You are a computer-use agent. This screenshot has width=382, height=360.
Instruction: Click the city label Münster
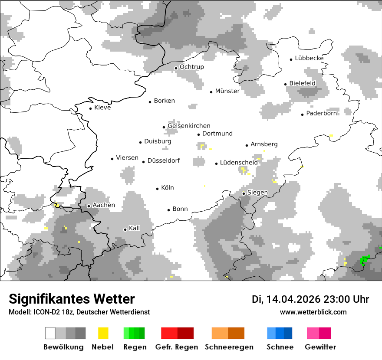coord(227,91)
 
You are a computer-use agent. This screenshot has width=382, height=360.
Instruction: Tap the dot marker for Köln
coord(158,188)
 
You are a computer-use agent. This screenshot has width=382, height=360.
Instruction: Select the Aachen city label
coord(104,205)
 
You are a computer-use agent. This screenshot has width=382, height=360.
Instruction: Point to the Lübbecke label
coord(309,58)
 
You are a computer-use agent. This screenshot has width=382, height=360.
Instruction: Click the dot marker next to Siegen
coord(244,193)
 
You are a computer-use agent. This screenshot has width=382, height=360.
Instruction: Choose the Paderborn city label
coord(321,113)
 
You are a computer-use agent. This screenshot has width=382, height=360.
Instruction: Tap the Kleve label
coord(102,108)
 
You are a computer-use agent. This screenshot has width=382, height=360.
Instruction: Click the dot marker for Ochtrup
coord(176,68)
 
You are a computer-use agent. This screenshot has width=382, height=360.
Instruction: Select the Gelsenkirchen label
coord(189,126)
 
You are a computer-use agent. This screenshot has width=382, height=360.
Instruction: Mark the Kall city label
coord(135,228)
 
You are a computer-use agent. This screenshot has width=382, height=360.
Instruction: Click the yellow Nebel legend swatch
coord(103,333)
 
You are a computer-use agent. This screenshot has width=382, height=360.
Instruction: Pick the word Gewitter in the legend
coord(320,347)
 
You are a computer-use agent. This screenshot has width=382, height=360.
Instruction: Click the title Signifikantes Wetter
coord(72,299)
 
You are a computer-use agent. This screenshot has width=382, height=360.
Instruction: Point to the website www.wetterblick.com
coord(313,312)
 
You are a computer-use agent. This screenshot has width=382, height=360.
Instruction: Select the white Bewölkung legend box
coord(50,333)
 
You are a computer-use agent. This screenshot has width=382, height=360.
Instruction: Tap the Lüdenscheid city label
coord(239,162)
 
